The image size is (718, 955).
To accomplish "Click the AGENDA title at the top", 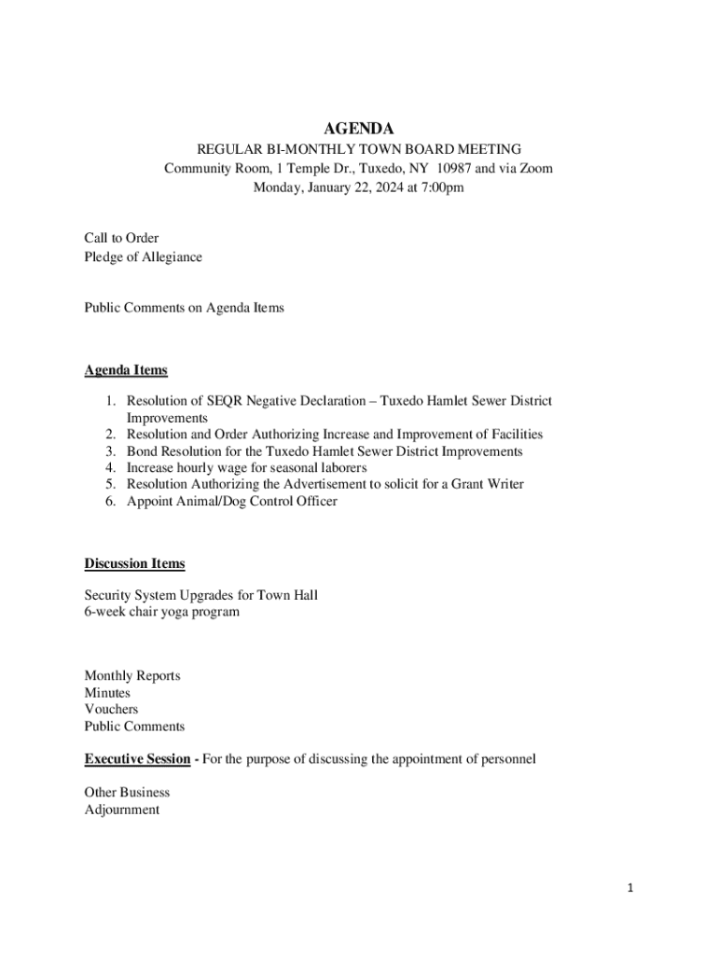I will [359, 129].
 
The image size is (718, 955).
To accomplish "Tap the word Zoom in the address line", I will [535, 169].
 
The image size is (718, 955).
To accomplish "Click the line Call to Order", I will [121, 239].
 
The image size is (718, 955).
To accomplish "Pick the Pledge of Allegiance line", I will [143, 256].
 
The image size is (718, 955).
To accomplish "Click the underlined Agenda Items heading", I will [126, 370].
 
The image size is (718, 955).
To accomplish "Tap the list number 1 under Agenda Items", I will [108, 401].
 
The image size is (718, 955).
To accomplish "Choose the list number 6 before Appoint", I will [108, 502].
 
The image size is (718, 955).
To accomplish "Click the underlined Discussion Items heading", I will [134, 563].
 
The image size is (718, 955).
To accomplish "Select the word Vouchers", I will [111, 710].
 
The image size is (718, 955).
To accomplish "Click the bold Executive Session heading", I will [137, 759].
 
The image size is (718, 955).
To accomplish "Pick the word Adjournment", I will [121, 810].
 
